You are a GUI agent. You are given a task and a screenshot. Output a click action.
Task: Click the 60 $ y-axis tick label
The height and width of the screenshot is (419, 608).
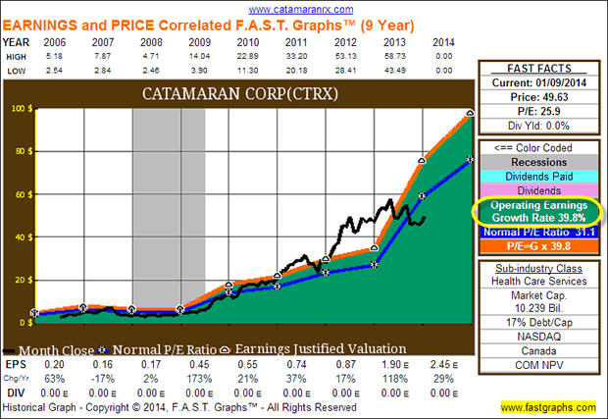[x=19, y=194]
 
